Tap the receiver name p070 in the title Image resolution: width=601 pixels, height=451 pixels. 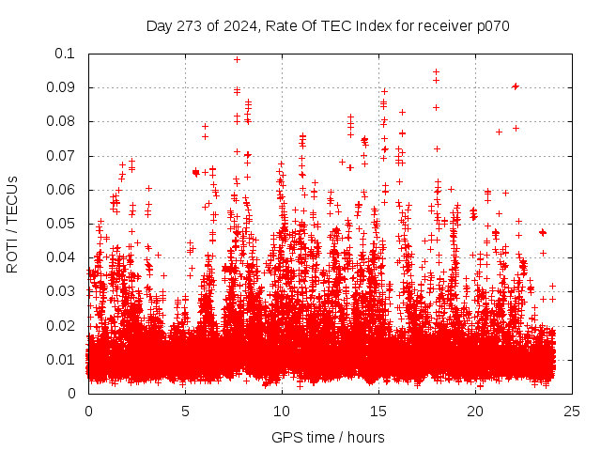[x=489, y=25]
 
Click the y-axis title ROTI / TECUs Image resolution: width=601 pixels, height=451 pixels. [x=13, y=224]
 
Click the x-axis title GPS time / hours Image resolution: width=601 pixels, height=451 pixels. [x=328, y=437]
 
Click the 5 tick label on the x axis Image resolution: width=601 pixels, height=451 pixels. [x=185, y=412]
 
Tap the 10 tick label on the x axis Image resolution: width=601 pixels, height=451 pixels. [x=282, y=412]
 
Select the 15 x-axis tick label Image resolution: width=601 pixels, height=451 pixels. [x=378, y=412]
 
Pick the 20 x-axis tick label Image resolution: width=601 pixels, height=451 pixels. [x=475, y=412]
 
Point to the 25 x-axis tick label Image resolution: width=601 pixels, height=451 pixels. [x=572, y=412]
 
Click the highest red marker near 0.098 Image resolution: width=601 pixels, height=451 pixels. [x=237, y=59]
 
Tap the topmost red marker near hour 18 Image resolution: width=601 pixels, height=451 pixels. [x=436, y=71]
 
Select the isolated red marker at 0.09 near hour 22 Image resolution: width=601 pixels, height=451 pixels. [x=515, y=86]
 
